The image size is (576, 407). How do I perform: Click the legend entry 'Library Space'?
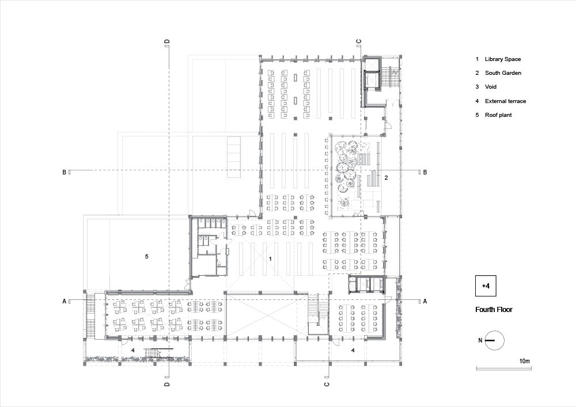[x=502, y=59]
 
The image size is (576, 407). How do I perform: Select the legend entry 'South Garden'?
[x=503, y=73]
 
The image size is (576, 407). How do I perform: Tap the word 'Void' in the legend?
[x=490, y=87]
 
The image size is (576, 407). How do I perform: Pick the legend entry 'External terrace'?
[x=506, y=101]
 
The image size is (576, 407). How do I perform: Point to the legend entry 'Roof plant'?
[x=498, y=115]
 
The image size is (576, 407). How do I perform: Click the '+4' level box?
[x=486, y=286]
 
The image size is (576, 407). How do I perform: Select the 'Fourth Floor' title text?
[x=494, y=309]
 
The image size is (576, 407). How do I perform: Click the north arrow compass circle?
[x=495, y=341]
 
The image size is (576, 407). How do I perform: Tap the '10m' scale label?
[x=525, y=361]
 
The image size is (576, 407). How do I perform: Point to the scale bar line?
[x=503, y=368]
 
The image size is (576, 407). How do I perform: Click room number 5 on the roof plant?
[x=146, y=256]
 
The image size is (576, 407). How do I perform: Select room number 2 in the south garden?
[x=386, y=178]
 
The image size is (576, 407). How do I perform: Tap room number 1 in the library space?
[x=270, y=258]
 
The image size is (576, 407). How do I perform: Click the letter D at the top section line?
[x=167, y=42]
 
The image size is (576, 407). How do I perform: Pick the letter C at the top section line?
[x=359, y=42]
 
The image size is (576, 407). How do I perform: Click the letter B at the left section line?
[x=65, y=172]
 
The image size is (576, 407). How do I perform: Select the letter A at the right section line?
[x=425, y=301]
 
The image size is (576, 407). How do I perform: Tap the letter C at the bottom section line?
[x=327, y=384]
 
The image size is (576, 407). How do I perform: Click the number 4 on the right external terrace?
[x=353, y=351]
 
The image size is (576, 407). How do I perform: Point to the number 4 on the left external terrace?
[x=133, y=351]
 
